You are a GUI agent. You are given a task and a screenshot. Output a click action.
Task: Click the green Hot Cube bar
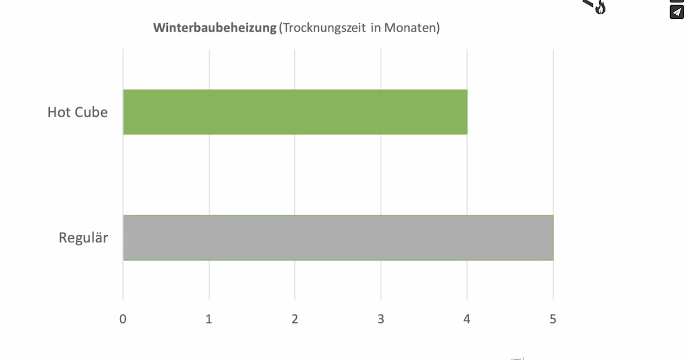click(x=295, y=112)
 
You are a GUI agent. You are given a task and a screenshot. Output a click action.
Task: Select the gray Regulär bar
click(x=338, y=238)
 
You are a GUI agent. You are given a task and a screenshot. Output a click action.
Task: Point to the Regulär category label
click(x=83, y=238)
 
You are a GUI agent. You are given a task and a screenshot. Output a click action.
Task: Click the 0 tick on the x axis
click(x=123, y=319)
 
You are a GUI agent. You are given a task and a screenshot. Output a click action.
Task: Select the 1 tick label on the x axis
click(x=209, y=319)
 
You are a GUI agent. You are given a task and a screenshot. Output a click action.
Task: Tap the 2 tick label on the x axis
click(x=295, y=319)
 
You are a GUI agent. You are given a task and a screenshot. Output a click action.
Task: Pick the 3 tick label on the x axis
click(x=381, y=319)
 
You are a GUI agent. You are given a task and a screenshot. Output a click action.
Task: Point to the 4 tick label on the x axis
click(x=467, y=319)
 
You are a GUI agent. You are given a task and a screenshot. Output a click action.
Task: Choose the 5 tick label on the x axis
click(x=553, y=319)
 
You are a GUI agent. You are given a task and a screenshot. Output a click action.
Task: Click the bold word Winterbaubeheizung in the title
click(x=214, y=28)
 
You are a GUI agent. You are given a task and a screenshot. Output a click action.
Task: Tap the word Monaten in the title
click(x=411, y=28)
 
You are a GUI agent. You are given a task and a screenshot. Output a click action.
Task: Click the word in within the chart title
click(x=375, y=28)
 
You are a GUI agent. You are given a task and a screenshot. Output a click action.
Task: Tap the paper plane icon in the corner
click(x=677, y=12)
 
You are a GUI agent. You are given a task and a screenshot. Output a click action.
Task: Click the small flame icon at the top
click(x=600, y=7)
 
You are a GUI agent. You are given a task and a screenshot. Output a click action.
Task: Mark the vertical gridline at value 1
click(x=209, y=171)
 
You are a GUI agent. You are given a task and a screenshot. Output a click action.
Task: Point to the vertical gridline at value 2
click(x=295, y=171)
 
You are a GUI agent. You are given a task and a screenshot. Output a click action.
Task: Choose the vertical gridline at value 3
click(x=381, y=171)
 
